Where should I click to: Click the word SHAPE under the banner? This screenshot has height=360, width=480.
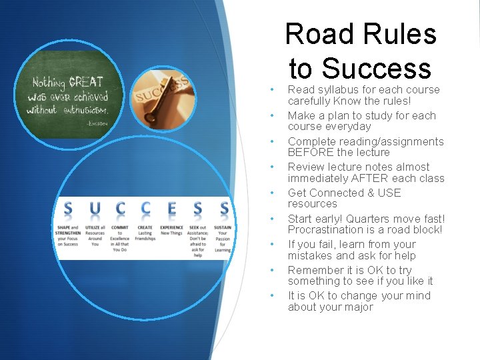tap(64, 227)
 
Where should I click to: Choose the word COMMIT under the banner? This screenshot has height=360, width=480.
tap(120, 227)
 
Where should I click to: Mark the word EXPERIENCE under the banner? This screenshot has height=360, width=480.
tap(171, 227)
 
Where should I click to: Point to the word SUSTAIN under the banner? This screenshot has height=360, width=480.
tap(222, 227)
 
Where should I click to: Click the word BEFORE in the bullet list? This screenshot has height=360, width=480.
tap(309, 152)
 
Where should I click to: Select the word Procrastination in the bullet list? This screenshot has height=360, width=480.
tap(325, 229)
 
